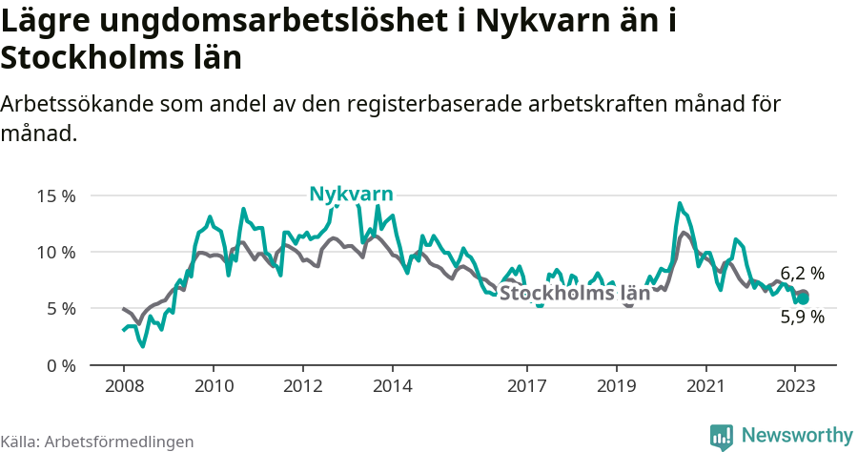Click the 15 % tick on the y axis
[x=56, y=195]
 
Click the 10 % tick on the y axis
[x=56, y=252]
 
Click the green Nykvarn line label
[x=351, y=195]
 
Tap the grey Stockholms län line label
[x=575, y=294]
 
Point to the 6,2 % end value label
[x=802, y=274]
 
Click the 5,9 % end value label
[x=802, y=318]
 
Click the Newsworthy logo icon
[x=722, y=436]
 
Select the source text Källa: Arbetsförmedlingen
[x=97, y=442]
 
